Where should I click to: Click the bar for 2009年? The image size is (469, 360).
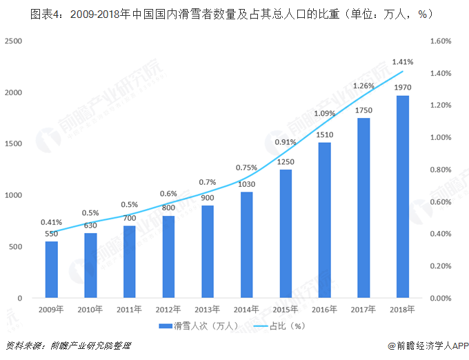tap(52, 270)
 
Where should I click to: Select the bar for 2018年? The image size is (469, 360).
tap(403, 197)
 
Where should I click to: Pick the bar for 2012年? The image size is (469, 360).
tap(168, 257)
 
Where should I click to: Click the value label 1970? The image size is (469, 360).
tap(403, 88)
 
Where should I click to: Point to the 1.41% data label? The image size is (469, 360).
tap(403, 62)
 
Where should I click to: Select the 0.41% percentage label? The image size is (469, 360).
tap(52, 222)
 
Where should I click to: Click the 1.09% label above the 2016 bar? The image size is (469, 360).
tap(325, 113)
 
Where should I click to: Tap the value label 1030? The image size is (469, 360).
tap(247, 183)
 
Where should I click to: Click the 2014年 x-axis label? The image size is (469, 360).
tap(247, 310)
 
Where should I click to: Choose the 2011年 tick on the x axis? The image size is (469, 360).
tap(130, 310)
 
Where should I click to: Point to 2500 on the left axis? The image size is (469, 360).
tap(13, 41)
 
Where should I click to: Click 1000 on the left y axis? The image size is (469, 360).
tap(13, 195)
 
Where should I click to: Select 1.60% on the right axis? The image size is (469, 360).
tap(440, 41)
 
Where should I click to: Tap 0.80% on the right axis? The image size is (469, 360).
tap(440, 170)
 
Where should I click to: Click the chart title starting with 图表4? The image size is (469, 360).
tap(234, 13)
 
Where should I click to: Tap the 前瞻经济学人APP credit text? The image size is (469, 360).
tap(428, 346)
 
